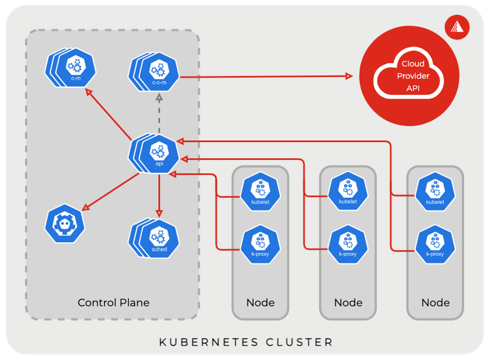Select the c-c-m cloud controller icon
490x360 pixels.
[159, 72]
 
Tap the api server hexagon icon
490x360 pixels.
[159, 154]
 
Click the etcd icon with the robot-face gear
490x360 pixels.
[65, 224]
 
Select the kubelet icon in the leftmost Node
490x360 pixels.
[260, 192]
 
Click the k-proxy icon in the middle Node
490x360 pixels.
[348, 245]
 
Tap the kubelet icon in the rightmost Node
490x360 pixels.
[435, 192]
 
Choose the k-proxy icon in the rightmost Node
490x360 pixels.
[435, 245]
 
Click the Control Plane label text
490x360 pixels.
[113, 303]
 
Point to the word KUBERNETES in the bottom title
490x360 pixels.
[208, 342]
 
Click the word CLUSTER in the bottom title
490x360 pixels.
[299, 342]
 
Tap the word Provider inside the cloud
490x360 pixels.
[413, 76]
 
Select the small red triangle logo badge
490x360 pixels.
[457, 27]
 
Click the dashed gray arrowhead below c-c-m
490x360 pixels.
[159, 98]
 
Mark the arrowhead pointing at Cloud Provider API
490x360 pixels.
[349, 76]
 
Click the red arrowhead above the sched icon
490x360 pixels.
[159, 214]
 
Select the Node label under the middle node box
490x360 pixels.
[348, 303]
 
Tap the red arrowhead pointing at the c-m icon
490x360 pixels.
[89, 92]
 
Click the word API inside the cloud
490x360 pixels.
[413, 88]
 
